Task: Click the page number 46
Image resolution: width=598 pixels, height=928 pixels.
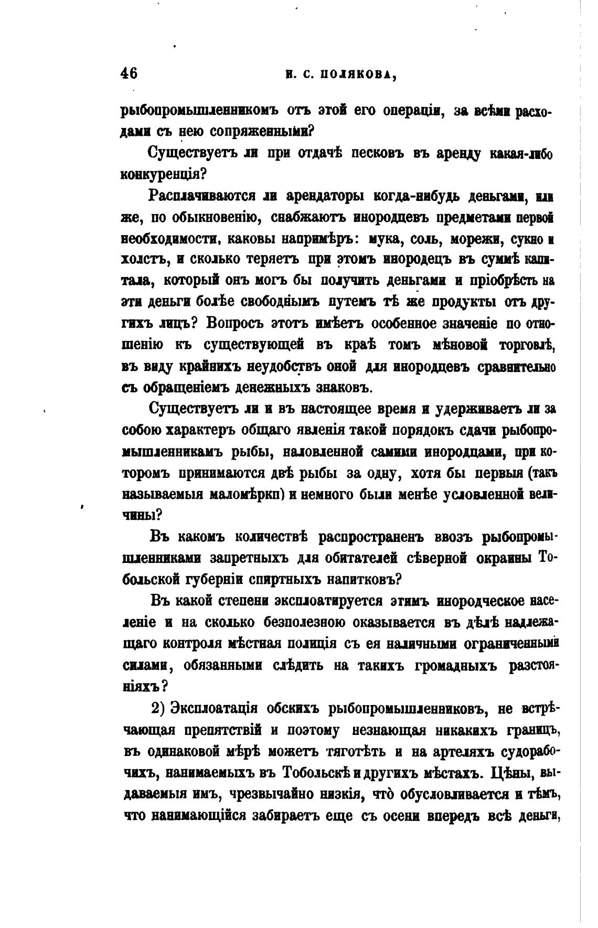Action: coord(129,73)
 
